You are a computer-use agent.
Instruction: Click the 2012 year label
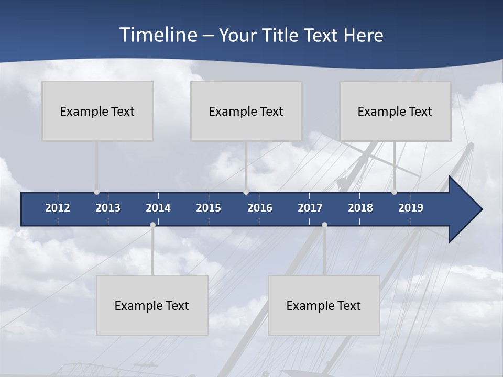pyautogui.click(x=58, y=208)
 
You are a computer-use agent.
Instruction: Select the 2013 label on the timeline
pyautogui.click(x=108, y=208)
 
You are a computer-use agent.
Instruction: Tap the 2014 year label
pyautogui.click(x=158, y=208)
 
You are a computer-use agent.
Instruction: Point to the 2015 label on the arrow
pyautogui.click(x=209, y=208)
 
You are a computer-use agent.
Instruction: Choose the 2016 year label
pyautogui.click(x=260, y=208)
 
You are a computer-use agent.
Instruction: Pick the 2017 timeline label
pyautogui.click(x=310, y=208)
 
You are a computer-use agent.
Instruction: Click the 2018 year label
pyautogui.click(x=360, y=208)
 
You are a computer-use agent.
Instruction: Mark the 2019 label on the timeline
pyautogui.click(x=411, y=208)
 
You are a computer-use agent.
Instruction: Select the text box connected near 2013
pyautogui.click(x=97, y=111)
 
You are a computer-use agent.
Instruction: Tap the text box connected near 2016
pyautogui.click(x=246, y=111)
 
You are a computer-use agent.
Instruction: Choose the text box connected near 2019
pyautogui.click(x=395, y=111)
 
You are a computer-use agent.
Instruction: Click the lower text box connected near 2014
pyautogui.click(x=152, y=305)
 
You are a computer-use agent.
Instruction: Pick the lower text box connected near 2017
pyautogui.click(x=324, y=305)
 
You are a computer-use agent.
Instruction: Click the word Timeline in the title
pyautogui.click(x=158, y=35)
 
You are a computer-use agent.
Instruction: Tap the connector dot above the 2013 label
pyautogui.click(x=96, y=192)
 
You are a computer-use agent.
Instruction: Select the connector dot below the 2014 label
pyautogui.click(x=152, y=225)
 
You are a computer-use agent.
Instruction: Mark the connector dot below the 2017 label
pyautogui.click(x=324, y=225)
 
